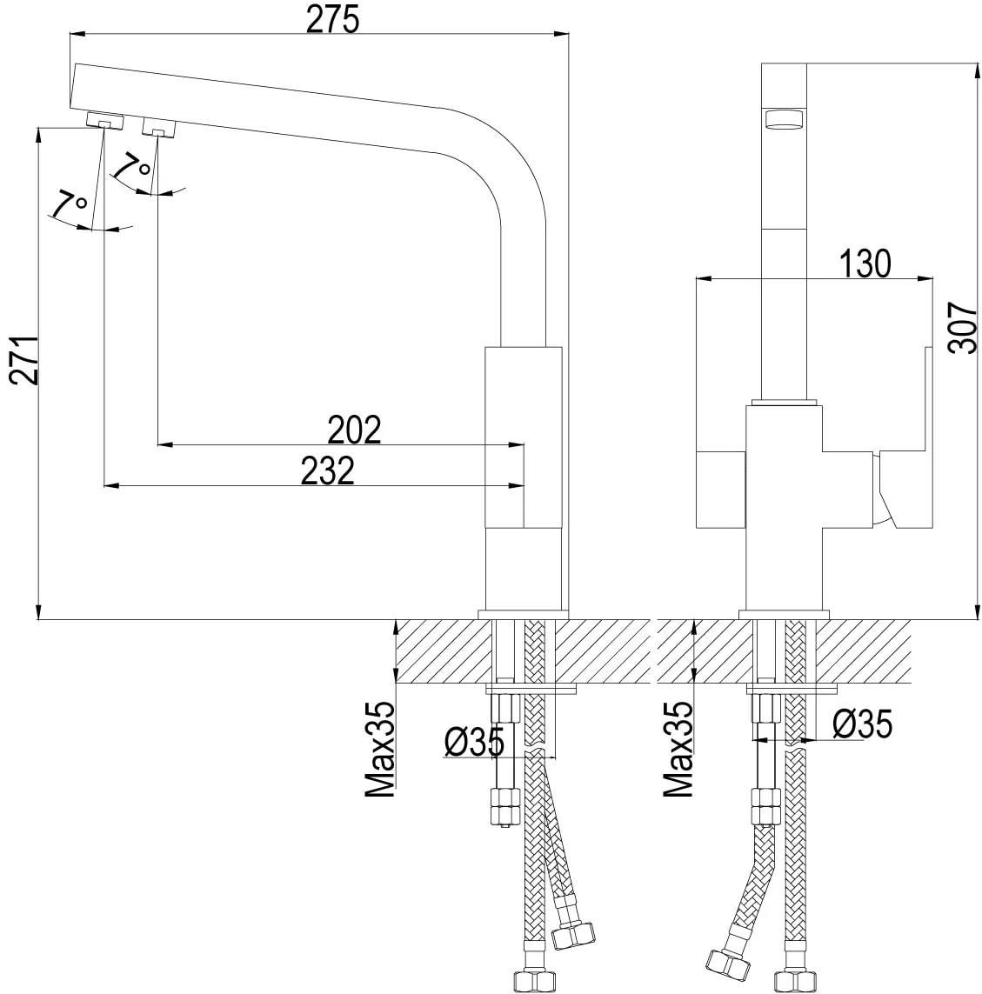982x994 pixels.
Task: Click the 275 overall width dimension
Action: pyautogui.click(x=333, y=20)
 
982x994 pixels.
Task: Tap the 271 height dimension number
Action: pyautogui.click(x=24, y=360)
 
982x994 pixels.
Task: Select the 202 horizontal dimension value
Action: pyautogui.click(x=354, y=430)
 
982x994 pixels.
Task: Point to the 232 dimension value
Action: pyautogui.click(x=328, y=471)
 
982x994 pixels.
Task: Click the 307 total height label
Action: pyautogui.click(x=962, y=328)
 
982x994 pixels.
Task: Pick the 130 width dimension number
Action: pyautogui.click(x=865, y=264)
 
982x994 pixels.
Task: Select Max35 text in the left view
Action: pyautogui.click(x=380, y=750)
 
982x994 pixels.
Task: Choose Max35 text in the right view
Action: pyautogui.click(x=678, y=750)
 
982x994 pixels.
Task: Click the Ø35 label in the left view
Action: pyautogui.click(x=474, y=742)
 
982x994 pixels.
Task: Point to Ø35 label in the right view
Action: pyautogui.click(x=862, y=724)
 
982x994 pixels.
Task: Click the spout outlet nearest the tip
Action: pyautogui.click(x=104, y=120)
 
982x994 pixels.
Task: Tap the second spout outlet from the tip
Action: pyautogui.click(x=158, y=127)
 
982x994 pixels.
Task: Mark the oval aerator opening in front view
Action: pyautogui.click(x=785, y=119)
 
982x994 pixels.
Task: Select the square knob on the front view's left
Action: pyautogui.click(x=721, y=490)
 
